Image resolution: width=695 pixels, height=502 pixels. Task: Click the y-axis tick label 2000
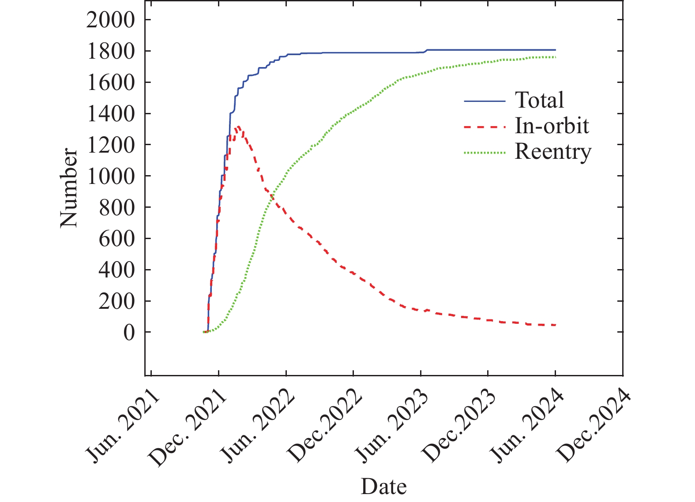click(110, 20)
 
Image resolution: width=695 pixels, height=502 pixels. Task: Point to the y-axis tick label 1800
click(110, 52)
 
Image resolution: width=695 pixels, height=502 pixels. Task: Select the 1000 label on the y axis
click(110, 176)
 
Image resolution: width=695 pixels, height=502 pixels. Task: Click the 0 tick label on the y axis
click(128, 333)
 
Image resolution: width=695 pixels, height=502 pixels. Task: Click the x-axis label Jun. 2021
click(123, 427)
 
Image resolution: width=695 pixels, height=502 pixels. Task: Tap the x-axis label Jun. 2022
click(258, 427)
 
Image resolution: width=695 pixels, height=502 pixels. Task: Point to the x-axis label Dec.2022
click(324, 427)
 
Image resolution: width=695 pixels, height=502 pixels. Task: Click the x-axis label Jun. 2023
click(393, 427)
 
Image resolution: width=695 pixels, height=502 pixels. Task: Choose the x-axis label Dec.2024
click(594, 427)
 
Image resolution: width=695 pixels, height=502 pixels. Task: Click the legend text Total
click(539, 100)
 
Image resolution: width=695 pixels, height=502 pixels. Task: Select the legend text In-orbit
click(552, 126)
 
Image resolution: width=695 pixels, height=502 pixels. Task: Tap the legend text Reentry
click(553, 152)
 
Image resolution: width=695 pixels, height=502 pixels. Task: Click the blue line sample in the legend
click(485, 101)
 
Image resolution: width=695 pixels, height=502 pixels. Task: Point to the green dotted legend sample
click(485, 153)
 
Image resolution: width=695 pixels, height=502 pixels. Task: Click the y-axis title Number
click(69, 188)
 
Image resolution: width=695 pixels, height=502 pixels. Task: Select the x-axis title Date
click(383, 487)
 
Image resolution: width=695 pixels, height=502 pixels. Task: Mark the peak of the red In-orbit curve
click(238, 127)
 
